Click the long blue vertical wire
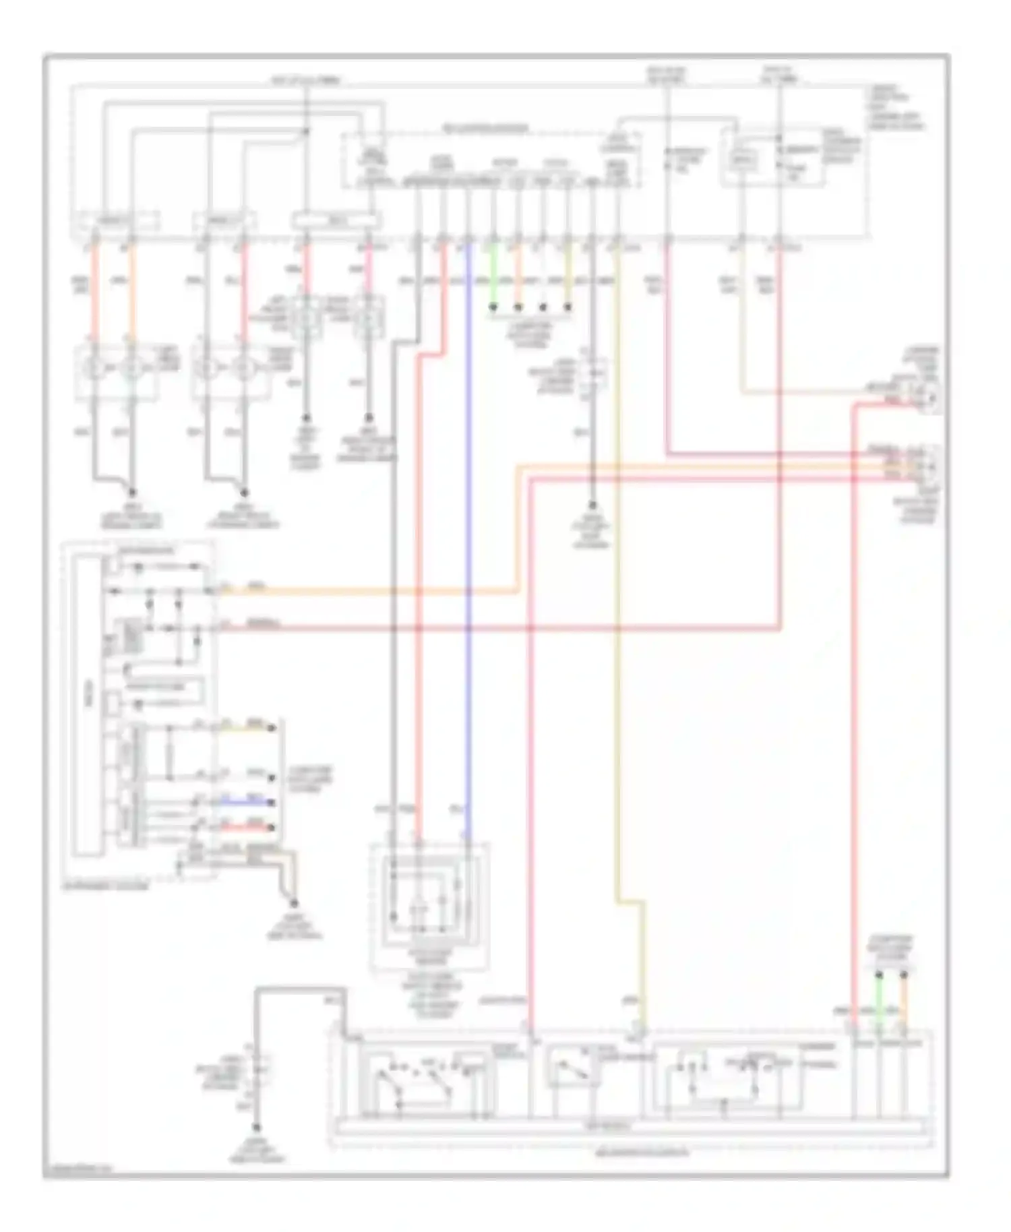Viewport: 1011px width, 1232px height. (x=468, y=539)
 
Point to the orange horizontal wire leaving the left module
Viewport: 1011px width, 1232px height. (x=364, y=592)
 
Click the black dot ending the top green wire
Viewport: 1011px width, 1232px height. (x=493, y=308)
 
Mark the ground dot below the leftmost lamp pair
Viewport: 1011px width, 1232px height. (x=132, y=493)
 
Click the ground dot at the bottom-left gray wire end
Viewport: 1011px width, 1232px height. (x=257, y=1128)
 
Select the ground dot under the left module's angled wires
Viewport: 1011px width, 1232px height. (x=294, y=903)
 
